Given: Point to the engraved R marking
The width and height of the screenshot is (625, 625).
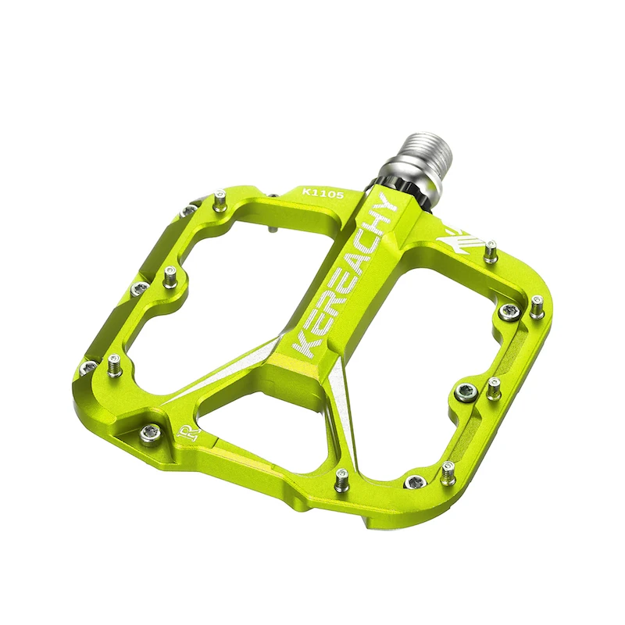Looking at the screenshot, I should (187, 431).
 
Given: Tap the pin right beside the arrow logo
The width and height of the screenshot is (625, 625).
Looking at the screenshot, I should (490, 252).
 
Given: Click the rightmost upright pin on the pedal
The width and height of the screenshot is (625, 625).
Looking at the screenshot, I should (536, 306).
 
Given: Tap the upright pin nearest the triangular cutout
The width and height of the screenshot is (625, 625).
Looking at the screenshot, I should (341, 480).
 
